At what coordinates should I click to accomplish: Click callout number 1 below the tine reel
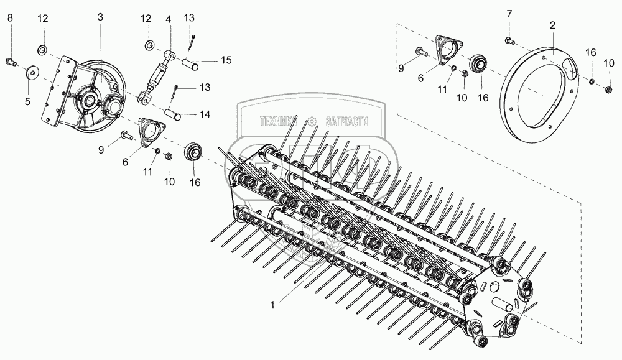271,305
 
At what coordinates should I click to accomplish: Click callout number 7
508,13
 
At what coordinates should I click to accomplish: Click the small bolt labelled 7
508,41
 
